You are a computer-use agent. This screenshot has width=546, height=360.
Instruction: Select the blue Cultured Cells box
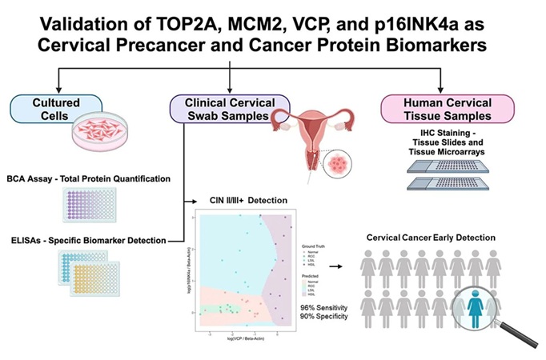[55, 107]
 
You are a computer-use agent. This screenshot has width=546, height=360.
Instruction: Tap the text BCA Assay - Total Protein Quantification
[91, 177]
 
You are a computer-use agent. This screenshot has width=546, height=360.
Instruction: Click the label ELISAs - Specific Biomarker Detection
[90, 240]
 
